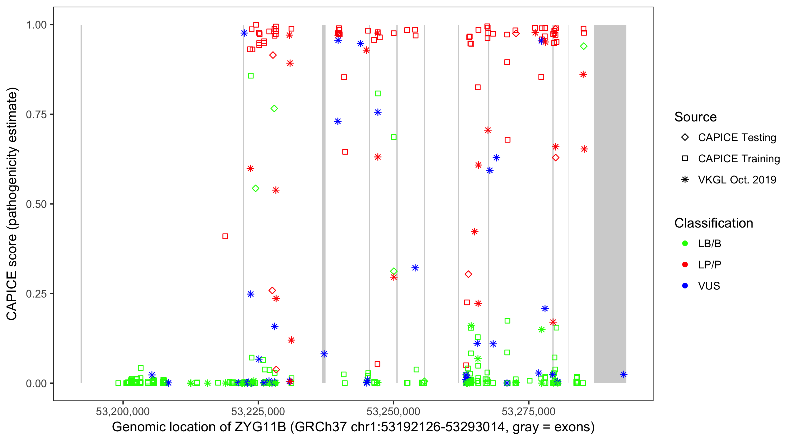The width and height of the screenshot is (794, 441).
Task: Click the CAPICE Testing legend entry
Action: tap(737, 138)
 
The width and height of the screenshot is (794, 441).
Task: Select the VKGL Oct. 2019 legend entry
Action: tap(737, 180)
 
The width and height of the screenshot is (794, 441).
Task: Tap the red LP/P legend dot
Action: tap(685, 265)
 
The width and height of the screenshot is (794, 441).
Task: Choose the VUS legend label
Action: tap(709, 286)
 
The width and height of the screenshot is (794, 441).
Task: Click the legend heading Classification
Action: tap(713, 223)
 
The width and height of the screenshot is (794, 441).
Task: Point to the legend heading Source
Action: tap(695, 117)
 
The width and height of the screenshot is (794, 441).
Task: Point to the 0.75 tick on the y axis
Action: tap(36, 114)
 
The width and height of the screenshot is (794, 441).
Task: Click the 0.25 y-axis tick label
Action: tap(36, 294)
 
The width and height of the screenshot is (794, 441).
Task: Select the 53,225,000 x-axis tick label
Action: tap(258, 411)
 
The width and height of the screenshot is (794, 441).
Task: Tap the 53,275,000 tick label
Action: tap(529, 411)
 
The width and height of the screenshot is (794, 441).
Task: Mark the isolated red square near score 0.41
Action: tap(225, 236)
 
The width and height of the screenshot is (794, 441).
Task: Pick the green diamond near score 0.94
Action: tap(583, 46)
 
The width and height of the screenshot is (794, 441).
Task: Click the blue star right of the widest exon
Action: tap(623, 375)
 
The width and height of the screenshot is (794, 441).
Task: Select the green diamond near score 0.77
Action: tap(274, 108)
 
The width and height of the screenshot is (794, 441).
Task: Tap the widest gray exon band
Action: tap(610, 203)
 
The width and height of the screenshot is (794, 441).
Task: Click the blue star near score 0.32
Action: tap(415, 268)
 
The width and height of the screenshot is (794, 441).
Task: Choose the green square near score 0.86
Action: tap(251, 76)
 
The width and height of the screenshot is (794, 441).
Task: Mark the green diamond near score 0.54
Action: tap(256, 188)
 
